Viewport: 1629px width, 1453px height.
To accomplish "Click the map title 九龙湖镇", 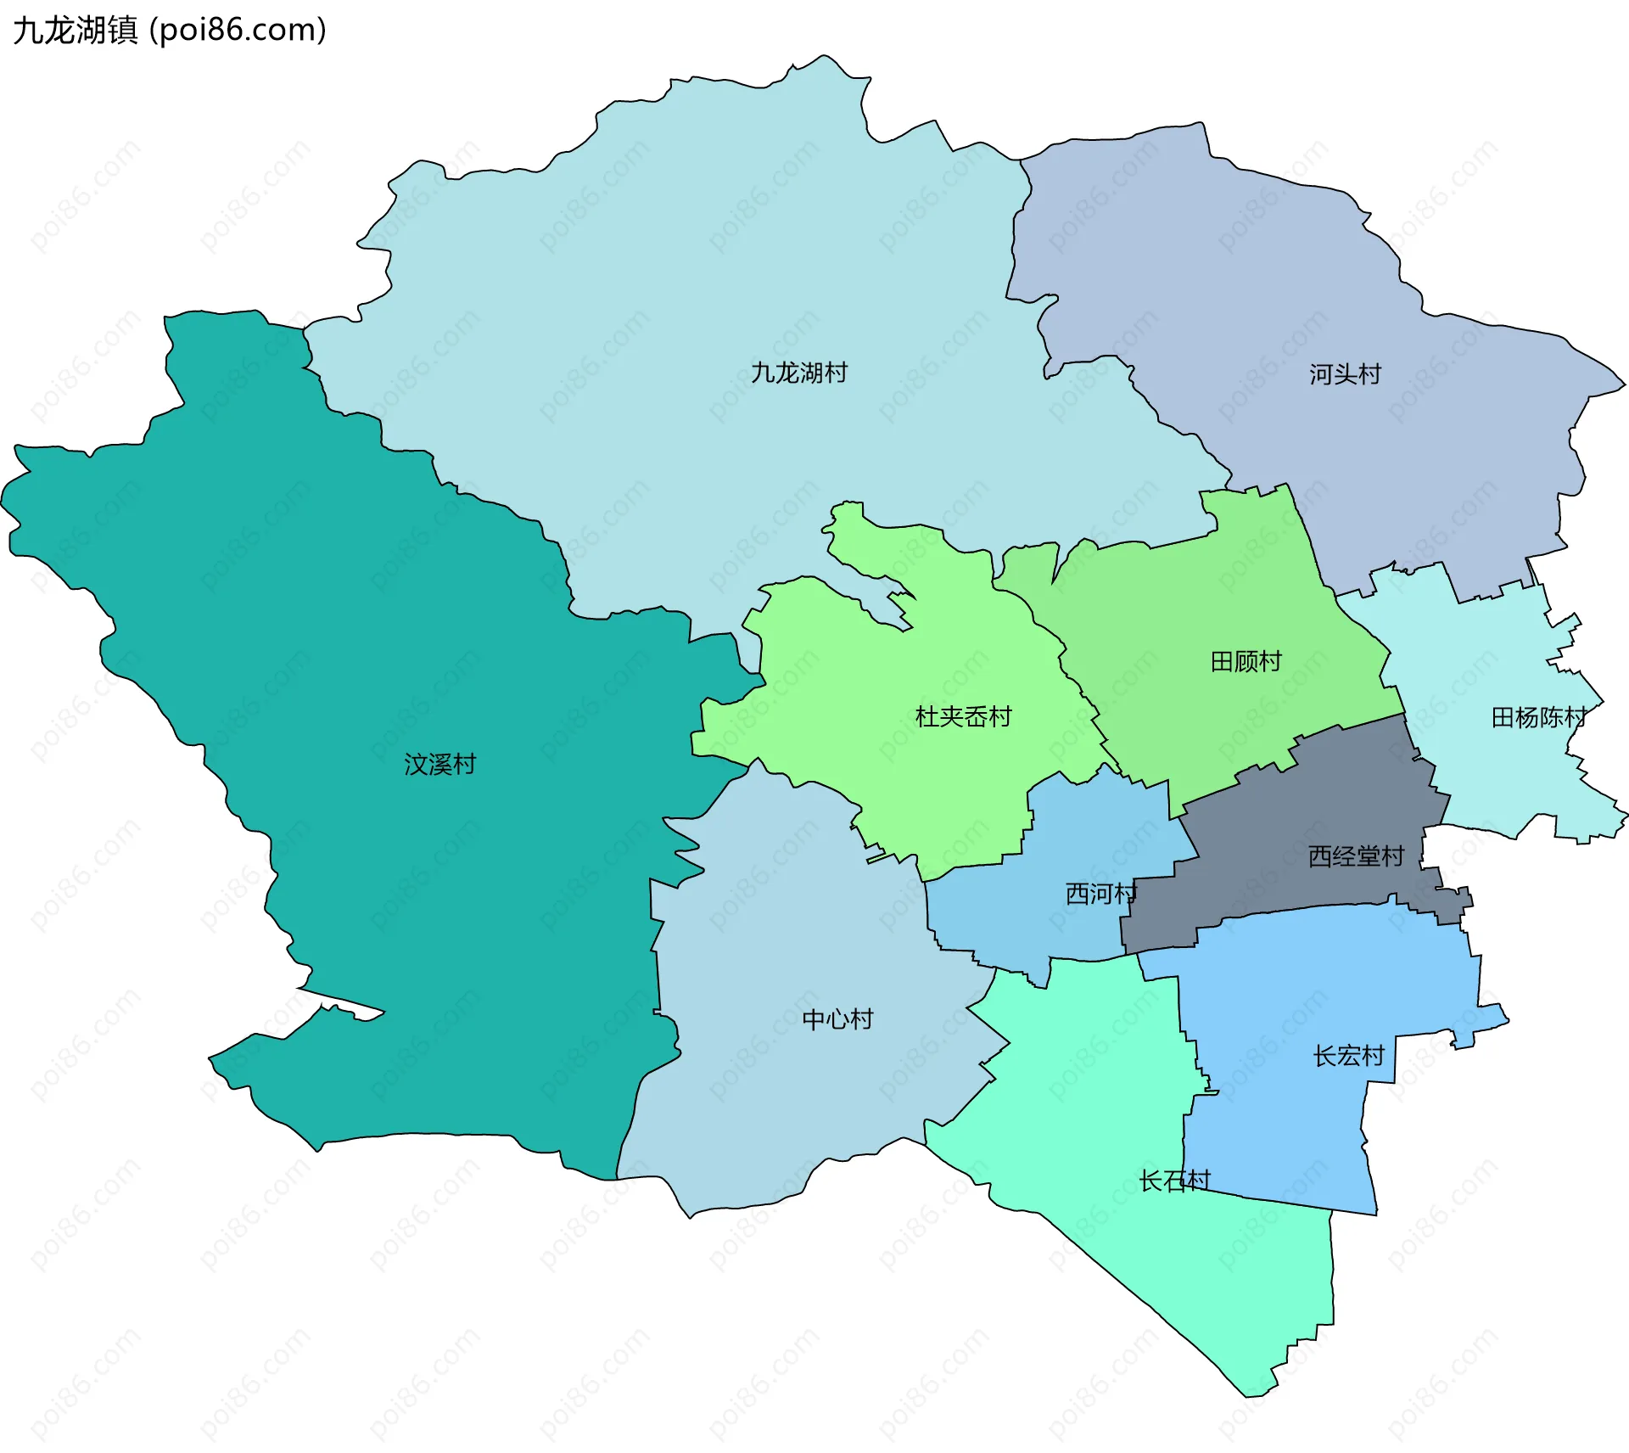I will coord(75,31).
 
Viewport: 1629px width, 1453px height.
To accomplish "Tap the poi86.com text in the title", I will coord(238,31).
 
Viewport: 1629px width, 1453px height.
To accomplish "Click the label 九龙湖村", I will coord(798,373).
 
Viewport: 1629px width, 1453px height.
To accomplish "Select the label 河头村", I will coord(1345,374).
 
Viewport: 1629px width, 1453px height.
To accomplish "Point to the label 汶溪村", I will coord(439,765).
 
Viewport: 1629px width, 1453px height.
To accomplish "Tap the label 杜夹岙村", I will coord(963,717).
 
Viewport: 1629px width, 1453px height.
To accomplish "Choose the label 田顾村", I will coord(1246,662).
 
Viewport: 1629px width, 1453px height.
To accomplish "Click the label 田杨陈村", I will coord(1538,718).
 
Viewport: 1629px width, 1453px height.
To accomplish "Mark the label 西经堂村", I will coord(1356,856).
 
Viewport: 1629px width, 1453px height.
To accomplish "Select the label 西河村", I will coord(1100,894).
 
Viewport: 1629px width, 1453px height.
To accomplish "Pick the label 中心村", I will coord(837,1019).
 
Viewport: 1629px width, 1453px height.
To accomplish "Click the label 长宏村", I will coord(1348,1057).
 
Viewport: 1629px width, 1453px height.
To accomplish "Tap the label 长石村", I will coord(1174,1181).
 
